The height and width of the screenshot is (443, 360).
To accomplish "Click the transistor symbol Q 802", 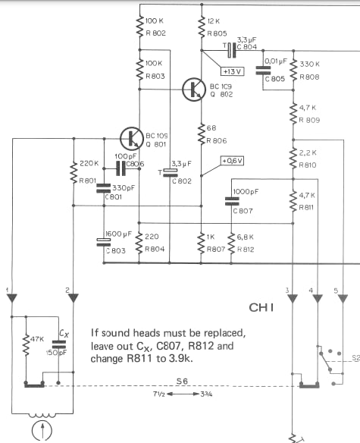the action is [x=194, y=90].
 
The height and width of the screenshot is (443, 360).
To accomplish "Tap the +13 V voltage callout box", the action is [x=232, y=71].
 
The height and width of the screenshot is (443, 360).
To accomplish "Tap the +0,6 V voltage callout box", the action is [x=232, y=161].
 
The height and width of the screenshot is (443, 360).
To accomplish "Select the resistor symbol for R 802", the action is [x=139, y=26].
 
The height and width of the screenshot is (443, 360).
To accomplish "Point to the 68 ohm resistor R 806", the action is [x=202, y=134].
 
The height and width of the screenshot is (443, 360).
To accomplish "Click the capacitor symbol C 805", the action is [x=263, y=71].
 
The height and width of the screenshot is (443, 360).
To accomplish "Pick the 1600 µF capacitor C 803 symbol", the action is [x=104, y=243].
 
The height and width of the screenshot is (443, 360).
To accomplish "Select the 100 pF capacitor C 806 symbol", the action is [x=121, y=168].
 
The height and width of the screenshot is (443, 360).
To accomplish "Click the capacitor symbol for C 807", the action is [x=232, y=201].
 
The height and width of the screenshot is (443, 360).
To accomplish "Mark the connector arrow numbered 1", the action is [x=12, y=298].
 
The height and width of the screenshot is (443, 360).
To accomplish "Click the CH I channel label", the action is [x=261, y=308].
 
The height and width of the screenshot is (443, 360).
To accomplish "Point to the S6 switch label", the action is [x=182, y=382].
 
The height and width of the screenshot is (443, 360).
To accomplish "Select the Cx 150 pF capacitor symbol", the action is [x=58, y=344].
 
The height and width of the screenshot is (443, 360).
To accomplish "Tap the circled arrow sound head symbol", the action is [x=42, y=432].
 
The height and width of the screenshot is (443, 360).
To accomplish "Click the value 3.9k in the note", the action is [x=180, y=359].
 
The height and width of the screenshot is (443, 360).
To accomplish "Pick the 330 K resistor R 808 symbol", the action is [x=293, y=71].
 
